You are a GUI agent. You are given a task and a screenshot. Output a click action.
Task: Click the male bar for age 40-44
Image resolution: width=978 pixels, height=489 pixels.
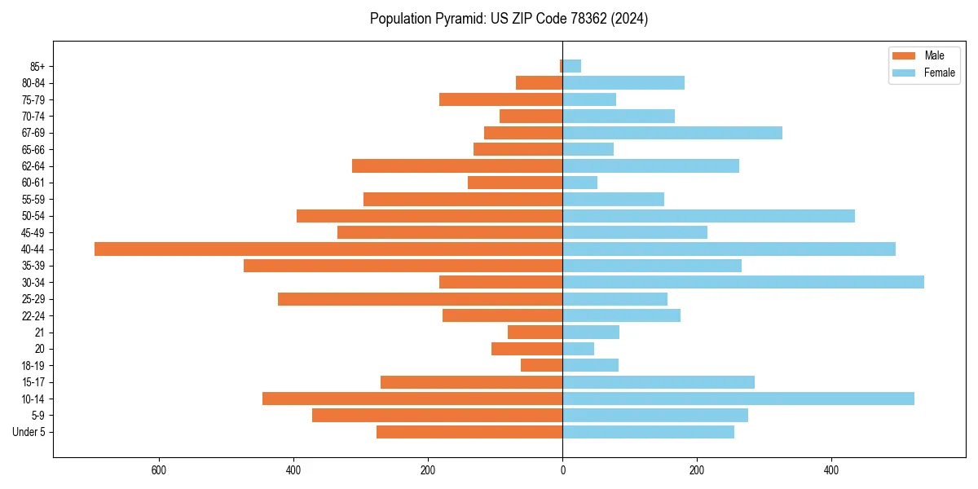[x=328, y=249]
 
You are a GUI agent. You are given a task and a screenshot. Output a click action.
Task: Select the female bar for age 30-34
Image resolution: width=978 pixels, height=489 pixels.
[x=743, y=282]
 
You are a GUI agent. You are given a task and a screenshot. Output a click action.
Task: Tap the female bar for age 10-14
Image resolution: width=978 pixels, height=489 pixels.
[x=738, y=399]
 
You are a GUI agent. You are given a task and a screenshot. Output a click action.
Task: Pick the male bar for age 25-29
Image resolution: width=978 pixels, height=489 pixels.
[x=421, y=299]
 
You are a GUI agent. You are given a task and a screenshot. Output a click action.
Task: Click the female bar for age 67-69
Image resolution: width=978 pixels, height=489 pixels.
[x=672, y=133]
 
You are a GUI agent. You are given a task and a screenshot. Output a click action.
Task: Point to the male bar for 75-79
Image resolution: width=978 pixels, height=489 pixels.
[x=501, y=99]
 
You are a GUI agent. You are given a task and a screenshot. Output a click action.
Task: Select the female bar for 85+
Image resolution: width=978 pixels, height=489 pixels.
[x=572, y=66]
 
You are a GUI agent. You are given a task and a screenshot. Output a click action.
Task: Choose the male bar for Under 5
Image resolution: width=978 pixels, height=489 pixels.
[x=469, y=432]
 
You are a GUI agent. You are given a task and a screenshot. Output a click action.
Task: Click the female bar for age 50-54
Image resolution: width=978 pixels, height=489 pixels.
[x=708, y=216]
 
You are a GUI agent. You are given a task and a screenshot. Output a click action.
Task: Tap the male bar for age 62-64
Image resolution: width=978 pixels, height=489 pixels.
[x=457, y=166]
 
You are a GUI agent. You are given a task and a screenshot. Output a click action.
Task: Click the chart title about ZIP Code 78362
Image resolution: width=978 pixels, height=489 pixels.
[x=509, y=19]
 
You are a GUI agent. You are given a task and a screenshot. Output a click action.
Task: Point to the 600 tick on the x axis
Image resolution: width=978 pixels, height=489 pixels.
[x=159, y=470]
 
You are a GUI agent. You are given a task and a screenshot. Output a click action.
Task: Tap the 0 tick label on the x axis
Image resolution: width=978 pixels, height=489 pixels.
[x=562, y=470]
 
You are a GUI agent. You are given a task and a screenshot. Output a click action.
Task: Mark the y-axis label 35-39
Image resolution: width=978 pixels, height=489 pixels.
[x=33, y=266]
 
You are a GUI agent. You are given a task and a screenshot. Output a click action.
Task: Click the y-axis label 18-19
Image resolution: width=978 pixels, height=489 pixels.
[x=33, y=366]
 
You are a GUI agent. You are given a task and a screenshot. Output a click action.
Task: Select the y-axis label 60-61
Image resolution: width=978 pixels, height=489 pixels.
[x=33, y=183]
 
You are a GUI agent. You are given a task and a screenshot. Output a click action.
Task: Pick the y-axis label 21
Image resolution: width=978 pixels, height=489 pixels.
[x=39, y=333]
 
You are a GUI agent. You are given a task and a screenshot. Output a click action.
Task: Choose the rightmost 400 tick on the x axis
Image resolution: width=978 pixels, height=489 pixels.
[x=831, y=470]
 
